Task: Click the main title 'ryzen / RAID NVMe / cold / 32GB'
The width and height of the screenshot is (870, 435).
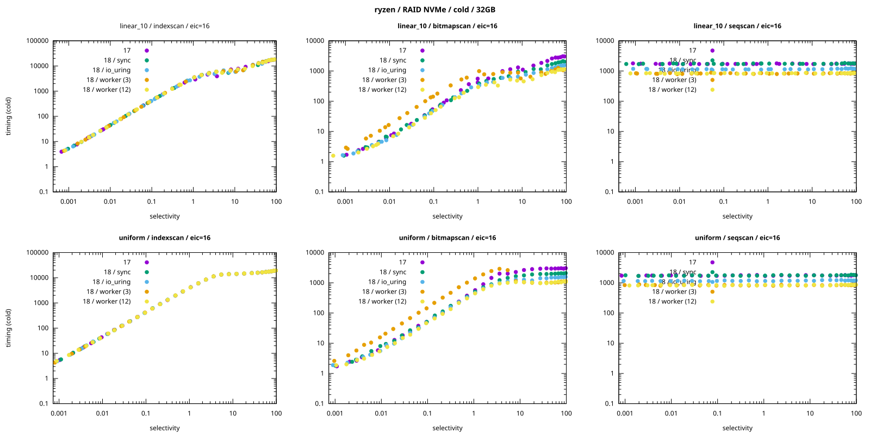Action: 434,10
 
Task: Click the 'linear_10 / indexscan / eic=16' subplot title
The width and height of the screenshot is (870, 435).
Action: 164,26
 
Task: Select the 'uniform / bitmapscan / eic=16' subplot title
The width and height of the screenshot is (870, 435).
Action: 447,238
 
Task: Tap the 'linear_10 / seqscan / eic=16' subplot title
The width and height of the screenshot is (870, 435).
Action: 737,26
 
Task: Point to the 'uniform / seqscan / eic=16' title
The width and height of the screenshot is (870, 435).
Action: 737,238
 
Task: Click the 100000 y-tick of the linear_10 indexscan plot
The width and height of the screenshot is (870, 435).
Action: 38,41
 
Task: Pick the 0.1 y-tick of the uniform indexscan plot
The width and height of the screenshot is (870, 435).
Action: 43,403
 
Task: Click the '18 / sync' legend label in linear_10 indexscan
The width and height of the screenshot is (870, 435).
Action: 117,60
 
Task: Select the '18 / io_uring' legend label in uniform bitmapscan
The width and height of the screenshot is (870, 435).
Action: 387,282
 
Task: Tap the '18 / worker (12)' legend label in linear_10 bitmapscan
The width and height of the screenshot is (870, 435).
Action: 382,90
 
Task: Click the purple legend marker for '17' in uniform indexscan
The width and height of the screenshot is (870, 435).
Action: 147,262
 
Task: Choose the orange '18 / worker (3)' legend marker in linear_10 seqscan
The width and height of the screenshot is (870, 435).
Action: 712,80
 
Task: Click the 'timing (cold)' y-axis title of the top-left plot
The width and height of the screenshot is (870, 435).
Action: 9,116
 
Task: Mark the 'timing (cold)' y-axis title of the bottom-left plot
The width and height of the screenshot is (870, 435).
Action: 9,328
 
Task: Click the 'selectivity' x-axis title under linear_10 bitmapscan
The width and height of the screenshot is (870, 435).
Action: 447,216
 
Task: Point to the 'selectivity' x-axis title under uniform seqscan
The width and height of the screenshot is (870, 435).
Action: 737,428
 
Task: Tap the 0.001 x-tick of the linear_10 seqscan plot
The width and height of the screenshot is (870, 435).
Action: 635,202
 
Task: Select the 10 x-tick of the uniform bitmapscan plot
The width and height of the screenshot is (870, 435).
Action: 520,413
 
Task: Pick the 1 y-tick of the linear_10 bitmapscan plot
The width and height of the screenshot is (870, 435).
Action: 322,161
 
